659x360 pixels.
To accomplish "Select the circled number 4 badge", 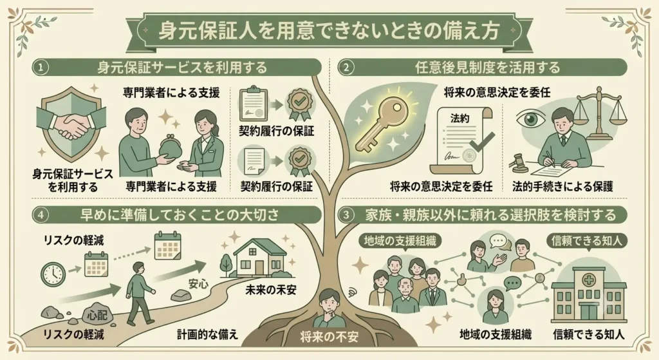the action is point(41,215).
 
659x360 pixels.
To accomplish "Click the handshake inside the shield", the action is point(72,125).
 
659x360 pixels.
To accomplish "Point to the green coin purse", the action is point(171,146).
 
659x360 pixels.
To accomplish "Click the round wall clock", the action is point(53,274).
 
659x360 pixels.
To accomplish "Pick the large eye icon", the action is point(531,118).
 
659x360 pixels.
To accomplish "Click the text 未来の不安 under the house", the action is point(271,290).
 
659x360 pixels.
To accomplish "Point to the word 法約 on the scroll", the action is point(459,118).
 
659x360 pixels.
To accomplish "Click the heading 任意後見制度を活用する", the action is point(488,68).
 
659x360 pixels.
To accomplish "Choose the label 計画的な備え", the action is point(207,334).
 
